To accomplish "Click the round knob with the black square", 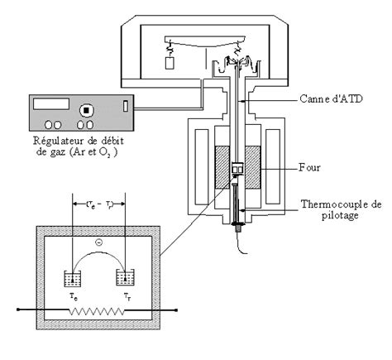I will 84,109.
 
